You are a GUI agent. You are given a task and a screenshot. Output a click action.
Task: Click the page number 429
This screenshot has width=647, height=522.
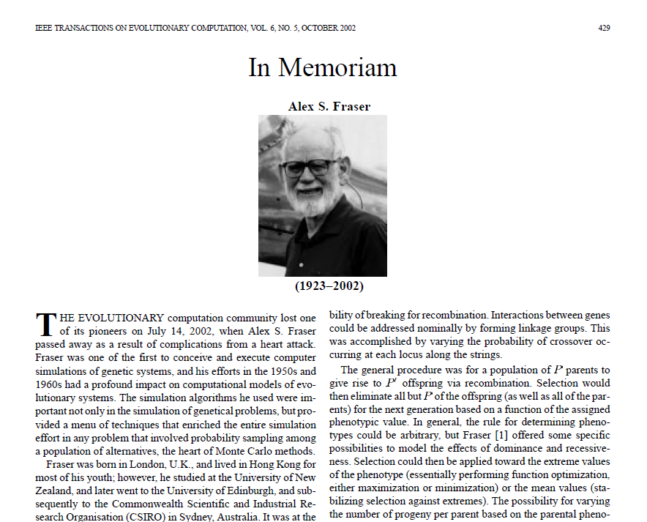[604, 29]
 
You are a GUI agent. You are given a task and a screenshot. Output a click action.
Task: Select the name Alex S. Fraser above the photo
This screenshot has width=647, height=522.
[329, 106]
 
